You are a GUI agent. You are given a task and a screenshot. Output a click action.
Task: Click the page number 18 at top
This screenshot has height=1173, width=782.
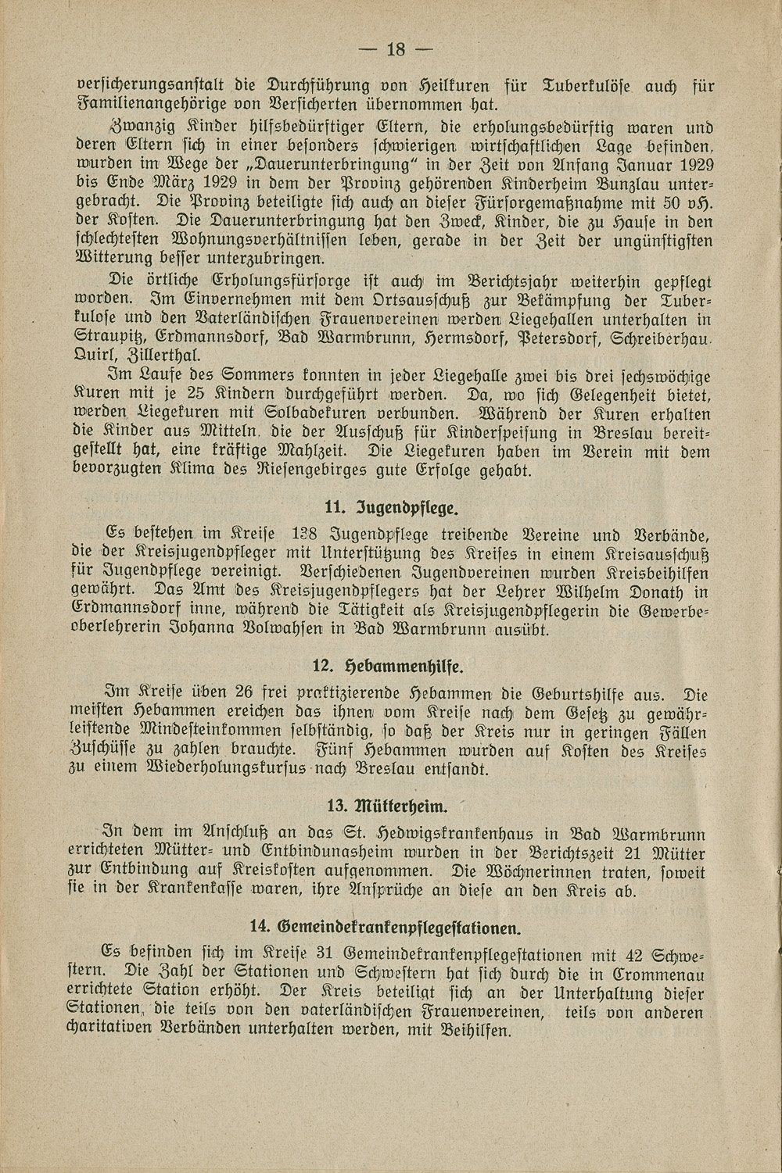(394, 50)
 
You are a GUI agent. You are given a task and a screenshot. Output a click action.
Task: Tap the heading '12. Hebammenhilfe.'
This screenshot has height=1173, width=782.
(388, 666)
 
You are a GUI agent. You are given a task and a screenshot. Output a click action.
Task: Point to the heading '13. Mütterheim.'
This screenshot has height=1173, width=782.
(389, 806)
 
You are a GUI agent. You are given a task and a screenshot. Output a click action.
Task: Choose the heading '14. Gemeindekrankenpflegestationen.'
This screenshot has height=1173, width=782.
(386, 927)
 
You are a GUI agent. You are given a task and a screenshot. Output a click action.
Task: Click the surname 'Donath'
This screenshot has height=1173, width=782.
(662, 591)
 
